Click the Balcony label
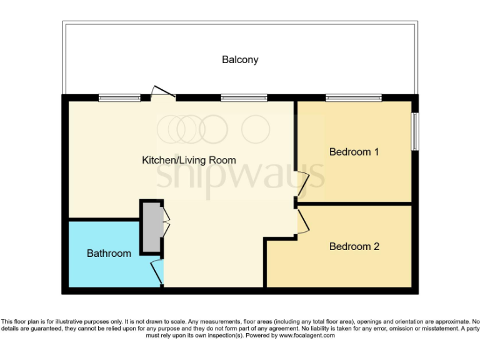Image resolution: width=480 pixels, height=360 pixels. (240, 60)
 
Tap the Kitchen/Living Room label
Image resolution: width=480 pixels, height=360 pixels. (189, 161)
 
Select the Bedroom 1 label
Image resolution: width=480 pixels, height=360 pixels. (354, 152)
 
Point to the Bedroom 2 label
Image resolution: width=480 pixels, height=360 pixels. (354, 246)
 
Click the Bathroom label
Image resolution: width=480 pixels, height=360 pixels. (109, 253)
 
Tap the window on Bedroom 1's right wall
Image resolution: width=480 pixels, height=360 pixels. (414, 131)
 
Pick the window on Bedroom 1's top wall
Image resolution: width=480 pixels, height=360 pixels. (353, 97)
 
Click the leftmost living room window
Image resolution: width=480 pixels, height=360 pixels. (120, 97)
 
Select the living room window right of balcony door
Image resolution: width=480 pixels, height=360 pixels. (244, 97)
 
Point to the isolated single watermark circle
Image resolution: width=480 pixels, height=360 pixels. (256, 129)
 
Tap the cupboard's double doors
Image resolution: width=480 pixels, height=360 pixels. (166, 222)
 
